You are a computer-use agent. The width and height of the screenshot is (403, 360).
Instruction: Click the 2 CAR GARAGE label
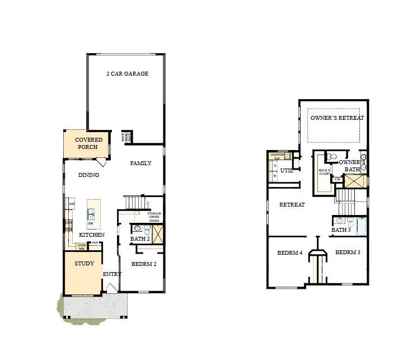click(x=127, y=73)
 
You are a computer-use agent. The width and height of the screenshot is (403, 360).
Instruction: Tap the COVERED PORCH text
click(x=88, y=143)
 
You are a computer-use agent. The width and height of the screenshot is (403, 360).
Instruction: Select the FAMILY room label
click(x=140, y=163)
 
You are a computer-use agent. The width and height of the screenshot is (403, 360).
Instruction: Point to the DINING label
click(x=88, y=175)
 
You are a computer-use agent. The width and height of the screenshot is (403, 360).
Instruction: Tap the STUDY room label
click(x=84, y=263)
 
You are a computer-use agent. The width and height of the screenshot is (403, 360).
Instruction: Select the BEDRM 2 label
click(x=143, y=264)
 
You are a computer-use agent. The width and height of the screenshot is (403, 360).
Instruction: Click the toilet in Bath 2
click(x=147, y=230)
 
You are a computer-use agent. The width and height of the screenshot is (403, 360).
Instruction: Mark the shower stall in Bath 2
click(x=158, y=233)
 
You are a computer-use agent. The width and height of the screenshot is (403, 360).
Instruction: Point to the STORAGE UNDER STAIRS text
click(x=154, y=217)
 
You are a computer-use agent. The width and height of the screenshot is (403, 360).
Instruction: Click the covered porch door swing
click(x=101, y=162)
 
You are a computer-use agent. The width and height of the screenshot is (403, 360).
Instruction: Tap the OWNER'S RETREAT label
click(x=337, y=118)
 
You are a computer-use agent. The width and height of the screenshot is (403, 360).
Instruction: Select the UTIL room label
click(x=287, y=170)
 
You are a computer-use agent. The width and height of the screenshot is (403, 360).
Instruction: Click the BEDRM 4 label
click(x=289, y=253)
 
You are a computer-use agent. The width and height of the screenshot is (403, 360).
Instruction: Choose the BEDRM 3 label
click(x=348, y=253)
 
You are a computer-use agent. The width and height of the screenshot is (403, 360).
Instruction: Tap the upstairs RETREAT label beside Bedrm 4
click(x=292, y=205)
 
